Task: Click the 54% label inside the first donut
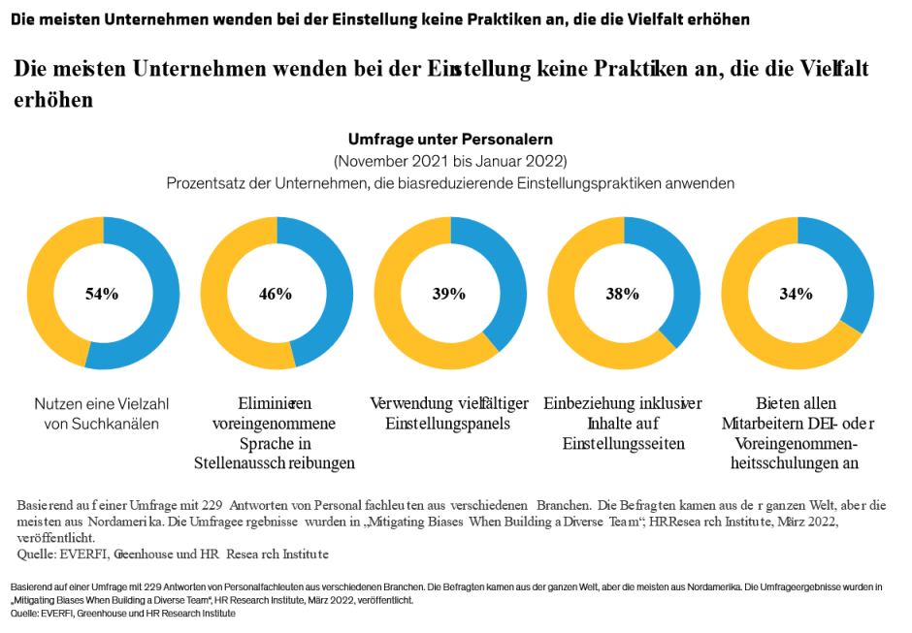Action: tap(102, 294)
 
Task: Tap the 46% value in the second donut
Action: tap(276, 294)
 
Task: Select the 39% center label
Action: tap(449, 294)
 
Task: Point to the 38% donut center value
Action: tap(623, 294)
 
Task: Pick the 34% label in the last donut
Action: tap(797, 294)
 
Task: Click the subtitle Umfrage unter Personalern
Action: tap(450, 140)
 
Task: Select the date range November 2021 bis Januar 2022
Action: tap(450, 161)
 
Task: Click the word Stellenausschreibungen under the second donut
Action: tap(276, 462)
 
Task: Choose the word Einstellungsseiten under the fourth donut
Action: tap(623, 443)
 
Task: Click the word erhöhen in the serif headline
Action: tap(53, 100)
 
